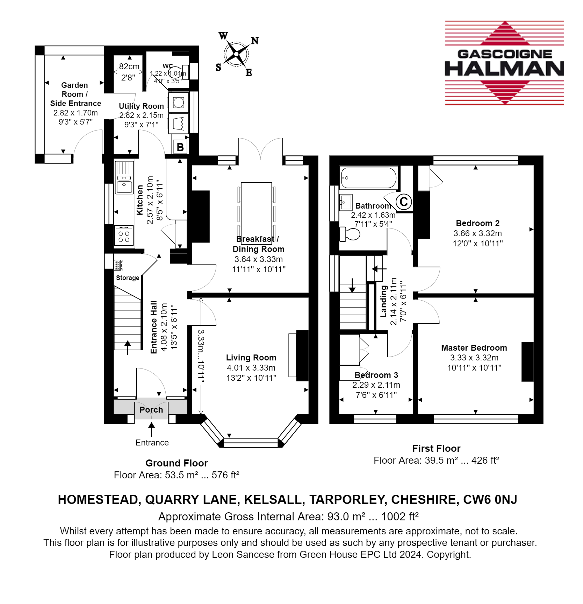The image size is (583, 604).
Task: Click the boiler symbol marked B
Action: (180, 147)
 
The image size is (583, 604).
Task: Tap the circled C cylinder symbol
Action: (404, 202)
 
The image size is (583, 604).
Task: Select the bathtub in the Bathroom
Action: (369, 178)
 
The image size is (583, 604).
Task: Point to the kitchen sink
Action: (124, 177)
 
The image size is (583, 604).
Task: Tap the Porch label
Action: (151, 410)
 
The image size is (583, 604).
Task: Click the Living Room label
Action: (251, 358)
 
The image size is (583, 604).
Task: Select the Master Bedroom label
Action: (474, 348)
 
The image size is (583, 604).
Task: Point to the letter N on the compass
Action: (255, 41)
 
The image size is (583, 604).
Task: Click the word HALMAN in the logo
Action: (504, 69)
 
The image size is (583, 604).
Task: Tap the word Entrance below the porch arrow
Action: (152, 443)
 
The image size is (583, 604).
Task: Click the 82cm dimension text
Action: (129, 66)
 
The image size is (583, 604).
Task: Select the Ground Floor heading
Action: (177, 463)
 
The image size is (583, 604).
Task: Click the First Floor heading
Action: (436, 449)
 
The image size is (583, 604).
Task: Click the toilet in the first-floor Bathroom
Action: (350, 234)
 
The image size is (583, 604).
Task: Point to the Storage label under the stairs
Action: (128, 278)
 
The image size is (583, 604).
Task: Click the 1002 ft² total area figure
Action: (400, 517)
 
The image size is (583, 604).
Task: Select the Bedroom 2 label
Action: (478, 223)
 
